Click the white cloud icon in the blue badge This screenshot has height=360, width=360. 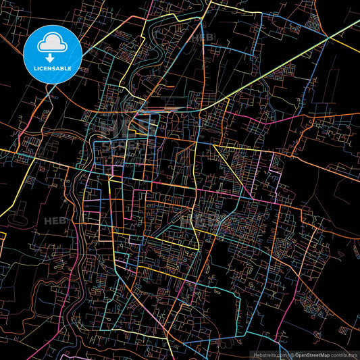52,44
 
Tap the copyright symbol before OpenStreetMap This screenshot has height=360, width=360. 291,354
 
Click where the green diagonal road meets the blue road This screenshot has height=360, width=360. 329,38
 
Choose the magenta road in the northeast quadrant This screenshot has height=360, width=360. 270,122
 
